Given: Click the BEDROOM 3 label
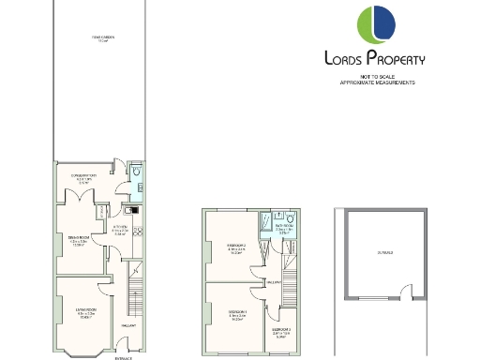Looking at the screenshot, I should point(281,330).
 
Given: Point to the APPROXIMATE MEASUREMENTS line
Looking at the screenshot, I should point(376,83).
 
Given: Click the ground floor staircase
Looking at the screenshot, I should point(133,292).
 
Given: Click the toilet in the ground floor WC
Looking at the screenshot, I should point(137,173).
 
